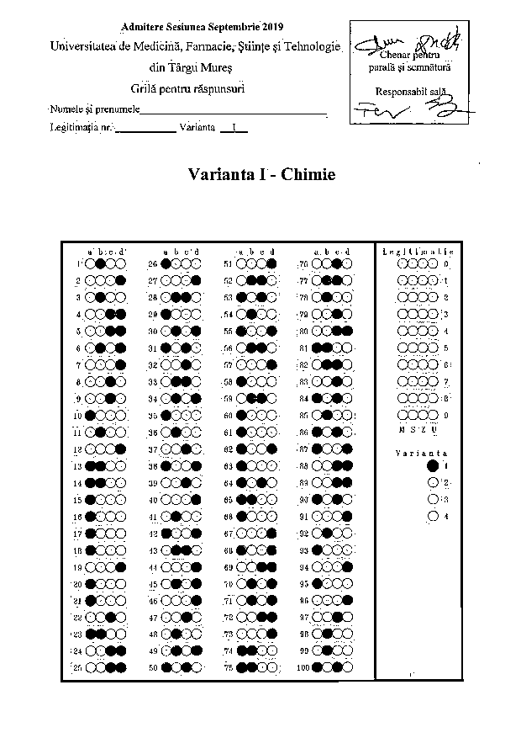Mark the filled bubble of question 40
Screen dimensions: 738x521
pos(197,500)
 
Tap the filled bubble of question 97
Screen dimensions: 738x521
pos(336,618)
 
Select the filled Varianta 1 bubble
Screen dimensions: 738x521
pos(433,465)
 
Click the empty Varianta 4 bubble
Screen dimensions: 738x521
pos(433,516)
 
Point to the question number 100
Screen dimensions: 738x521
pos(303,668)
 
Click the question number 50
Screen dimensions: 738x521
pos(153,668)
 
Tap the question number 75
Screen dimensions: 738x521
pos(228,668)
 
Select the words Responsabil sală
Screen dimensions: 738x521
pos(408,90)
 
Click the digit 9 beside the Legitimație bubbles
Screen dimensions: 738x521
pos(445,415)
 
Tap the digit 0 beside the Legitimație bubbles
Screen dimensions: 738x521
pos(445,263)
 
